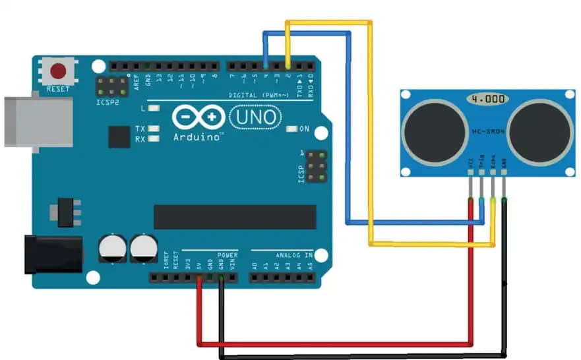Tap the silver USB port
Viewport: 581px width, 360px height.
click(x=37, y=122)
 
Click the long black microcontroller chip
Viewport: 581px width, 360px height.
click(x=226, y=217)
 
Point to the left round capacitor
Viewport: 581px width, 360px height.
click(x=112, y=249)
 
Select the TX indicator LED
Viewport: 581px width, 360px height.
click(x=154, y=129)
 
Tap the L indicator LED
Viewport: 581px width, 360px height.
click(x=154, y=107)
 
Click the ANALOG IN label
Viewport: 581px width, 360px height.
click(x=290, y=255)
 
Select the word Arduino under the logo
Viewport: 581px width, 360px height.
click(x=198, y=137)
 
